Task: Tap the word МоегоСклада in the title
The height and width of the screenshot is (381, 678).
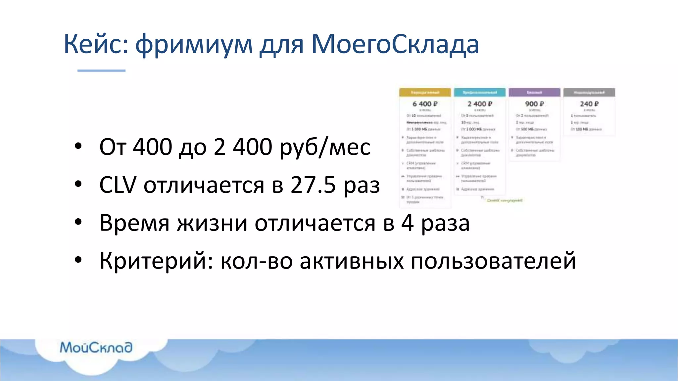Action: point(395,44)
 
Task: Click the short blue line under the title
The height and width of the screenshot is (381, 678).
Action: point(101,70)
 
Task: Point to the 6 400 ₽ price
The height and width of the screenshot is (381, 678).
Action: point(425,104)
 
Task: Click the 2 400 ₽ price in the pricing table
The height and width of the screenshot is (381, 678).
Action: point(480,104)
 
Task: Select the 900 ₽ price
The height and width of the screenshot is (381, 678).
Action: point(534,104)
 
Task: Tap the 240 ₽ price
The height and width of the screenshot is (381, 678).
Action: point(589,104)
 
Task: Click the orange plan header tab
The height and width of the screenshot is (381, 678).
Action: point(425,92)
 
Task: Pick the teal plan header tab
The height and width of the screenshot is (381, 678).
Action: point(480,92)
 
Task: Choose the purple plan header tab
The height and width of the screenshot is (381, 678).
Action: point(534,92)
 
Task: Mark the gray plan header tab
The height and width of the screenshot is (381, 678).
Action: point(589,92)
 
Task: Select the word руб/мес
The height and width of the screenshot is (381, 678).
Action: point(325,147)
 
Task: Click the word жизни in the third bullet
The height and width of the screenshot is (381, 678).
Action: point(212,223)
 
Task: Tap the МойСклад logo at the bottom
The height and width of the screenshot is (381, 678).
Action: point(96,347)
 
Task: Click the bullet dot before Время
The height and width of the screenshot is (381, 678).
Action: point(78,222)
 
